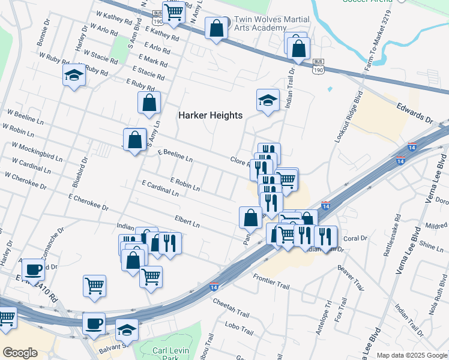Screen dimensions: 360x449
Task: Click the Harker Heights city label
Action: (x=210, y=115)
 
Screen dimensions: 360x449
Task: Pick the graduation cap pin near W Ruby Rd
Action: (x=74, y=76)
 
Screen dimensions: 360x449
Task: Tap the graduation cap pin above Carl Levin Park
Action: (x=127, y=331)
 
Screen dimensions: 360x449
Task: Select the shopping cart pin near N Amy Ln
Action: (x=174, y=13)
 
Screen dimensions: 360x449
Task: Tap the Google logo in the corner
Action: (x=20, y=353)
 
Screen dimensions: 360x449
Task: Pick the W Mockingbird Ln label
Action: (x=37, y=152)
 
